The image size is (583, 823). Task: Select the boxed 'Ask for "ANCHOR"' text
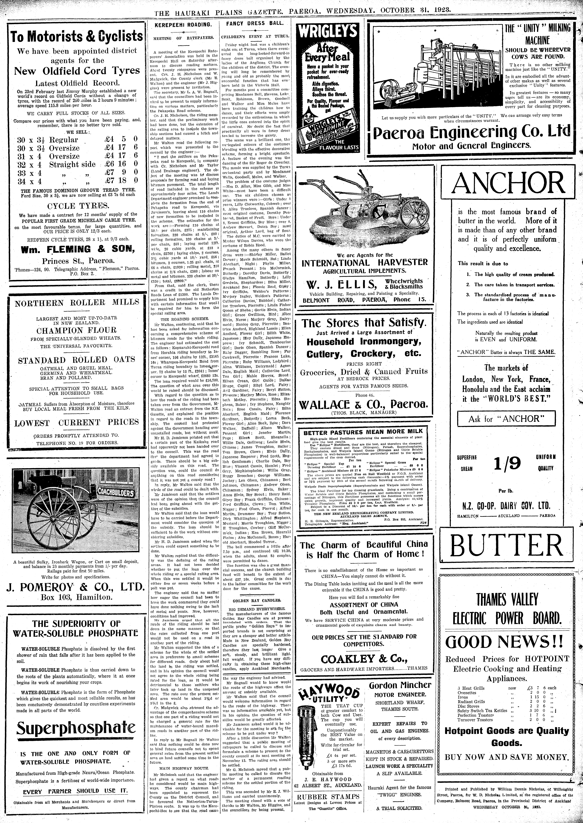tap(506, 419)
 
